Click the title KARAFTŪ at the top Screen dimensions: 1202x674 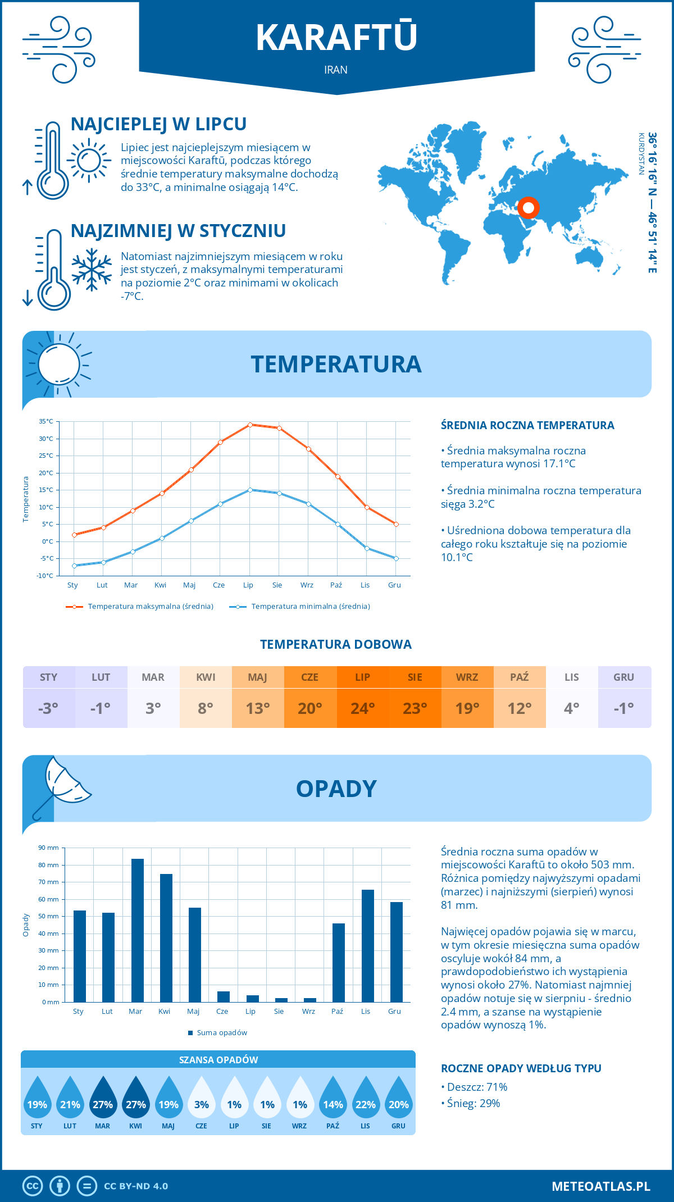click(336, 38)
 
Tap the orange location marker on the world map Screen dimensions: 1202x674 click(528, 208)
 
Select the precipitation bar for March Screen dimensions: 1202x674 click(137, 930)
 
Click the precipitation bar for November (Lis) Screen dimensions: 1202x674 click(367, 946)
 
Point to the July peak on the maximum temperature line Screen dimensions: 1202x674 click(250, 425)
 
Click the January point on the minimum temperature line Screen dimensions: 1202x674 click(74, 566)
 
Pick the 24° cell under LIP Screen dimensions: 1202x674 click(362, 708)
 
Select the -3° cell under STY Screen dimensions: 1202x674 click(48, 708)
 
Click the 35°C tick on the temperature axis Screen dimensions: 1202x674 click(46, 421)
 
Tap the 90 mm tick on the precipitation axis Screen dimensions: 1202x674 click(49, 848)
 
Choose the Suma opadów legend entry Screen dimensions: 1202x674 click(221, 1033)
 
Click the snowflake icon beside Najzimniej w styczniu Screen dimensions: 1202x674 click(92, 270)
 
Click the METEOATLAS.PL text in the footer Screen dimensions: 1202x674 click(600, 1186)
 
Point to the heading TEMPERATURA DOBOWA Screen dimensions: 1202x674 click(336, 645)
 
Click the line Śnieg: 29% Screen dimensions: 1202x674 click(472, 1103)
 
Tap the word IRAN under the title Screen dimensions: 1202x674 click(336, 70)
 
